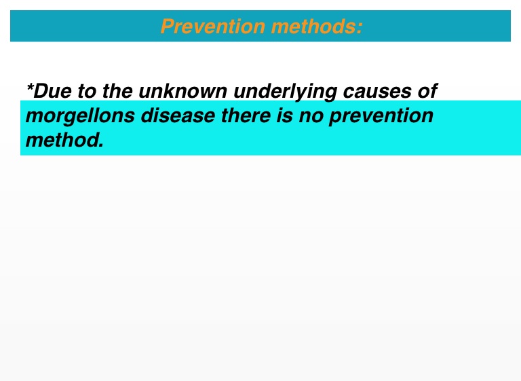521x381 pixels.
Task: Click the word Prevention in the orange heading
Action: pos(213,26)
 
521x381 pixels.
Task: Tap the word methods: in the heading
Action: pos(317,26)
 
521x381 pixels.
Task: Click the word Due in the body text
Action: pos(53,91)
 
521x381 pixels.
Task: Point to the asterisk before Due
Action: pos(30,87)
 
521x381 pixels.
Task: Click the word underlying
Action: pos(286,92)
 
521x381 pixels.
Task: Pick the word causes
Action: pos(377,92)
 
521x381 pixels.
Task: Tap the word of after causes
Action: pos(427,91)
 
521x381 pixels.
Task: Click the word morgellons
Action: pos(81,116)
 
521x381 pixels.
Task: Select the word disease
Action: pos(178,115)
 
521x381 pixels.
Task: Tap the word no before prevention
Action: pos(311,117)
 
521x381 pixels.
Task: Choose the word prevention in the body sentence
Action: pos(381,116)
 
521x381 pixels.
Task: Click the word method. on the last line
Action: pos(65,140)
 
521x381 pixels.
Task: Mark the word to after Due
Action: pos(87,91)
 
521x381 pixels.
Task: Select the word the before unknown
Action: pos(117,91)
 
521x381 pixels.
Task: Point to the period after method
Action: pos(101,145)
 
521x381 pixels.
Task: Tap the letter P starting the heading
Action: pos(168,26)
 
